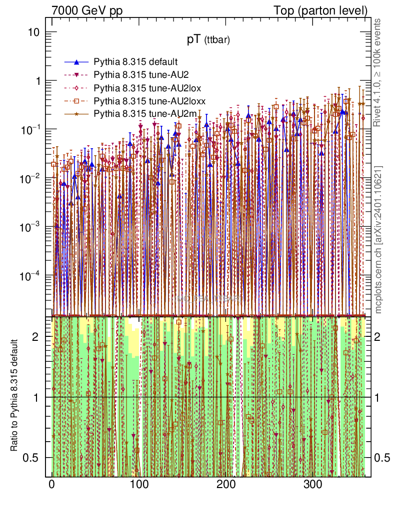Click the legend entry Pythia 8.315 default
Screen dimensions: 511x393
135,62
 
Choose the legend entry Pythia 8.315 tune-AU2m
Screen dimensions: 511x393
138,114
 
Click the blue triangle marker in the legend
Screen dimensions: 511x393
76,62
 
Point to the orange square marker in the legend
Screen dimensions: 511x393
76,101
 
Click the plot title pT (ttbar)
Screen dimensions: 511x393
208,41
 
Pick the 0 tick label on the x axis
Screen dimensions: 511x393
52,485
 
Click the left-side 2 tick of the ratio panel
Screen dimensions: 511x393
35,337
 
